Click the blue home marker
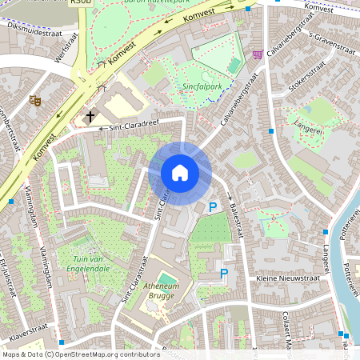[180, 173]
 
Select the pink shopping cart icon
[258, 54]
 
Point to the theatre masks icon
[34, 100]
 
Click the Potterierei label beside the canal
[349, 249]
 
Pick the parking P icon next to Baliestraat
[213, 207]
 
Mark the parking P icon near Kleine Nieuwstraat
[224, 274]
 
